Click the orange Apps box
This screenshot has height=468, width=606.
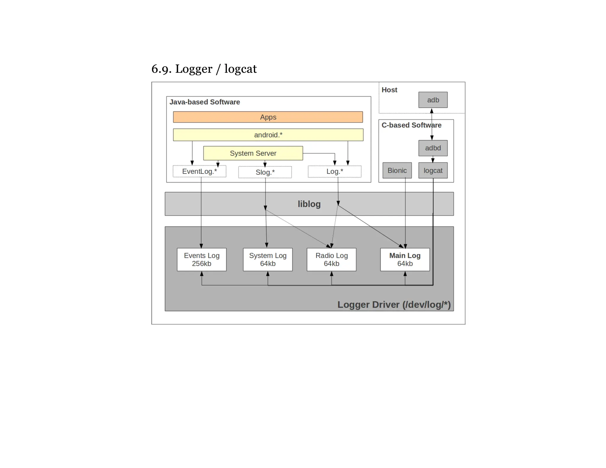268,117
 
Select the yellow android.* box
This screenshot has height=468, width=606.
268,135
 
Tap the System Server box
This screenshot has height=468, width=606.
253,153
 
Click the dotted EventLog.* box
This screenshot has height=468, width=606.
199,171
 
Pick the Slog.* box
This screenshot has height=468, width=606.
265,172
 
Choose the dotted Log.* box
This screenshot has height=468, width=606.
334,172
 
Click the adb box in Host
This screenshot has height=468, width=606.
433,100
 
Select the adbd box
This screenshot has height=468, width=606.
433,148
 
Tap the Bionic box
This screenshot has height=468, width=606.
397,170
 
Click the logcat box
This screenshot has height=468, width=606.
433,170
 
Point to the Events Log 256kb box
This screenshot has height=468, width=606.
202,259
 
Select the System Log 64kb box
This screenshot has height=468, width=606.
267,259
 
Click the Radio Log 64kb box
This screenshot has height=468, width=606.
331,259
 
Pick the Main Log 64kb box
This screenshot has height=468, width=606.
405,259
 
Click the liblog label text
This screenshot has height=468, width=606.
309,204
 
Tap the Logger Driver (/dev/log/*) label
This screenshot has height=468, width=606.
394,304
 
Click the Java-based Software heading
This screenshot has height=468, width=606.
204,102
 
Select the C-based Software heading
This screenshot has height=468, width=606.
411,125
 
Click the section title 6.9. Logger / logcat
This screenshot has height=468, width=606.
204,69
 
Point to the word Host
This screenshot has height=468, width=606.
389,90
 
